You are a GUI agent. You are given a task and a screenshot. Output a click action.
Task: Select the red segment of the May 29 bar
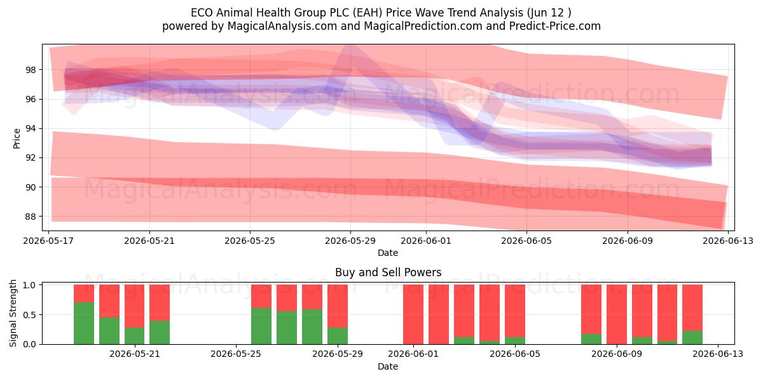pyautogui.click(x=338, y=306)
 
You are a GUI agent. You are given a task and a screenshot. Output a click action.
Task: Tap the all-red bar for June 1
pyautogui.click(x=413, y=314)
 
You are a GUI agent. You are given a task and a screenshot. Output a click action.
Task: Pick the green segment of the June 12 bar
pyautogui.click(x=692, y=337)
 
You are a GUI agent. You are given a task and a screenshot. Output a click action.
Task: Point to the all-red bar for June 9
pyautogui.click(x=617, y=314)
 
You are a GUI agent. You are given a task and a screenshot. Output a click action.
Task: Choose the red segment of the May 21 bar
pyautogui.click(x=135, y=306)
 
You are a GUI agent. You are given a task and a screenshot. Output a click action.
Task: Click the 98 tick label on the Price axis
pyautogui.click(x=31, y=70)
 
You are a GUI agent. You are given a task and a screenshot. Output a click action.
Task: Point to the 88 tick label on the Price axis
pyautogui.click(x=31, y=217)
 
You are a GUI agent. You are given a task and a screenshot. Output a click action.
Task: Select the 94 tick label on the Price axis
pyautogui.click(x=31, y=128)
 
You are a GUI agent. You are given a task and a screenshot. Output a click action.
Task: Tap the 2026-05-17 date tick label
pyautogui.click(x=48, y=241)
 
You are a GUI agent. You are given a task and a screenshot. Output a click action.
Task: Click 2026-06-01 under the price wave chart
pyautogui.click(x=426, y=241)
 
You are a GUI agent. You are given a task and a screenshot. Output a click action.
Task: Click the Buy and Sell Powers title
pyautogui.click(x=388, y=272)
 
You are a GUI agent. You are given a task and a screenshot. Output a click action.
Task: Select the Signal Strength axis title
pyautogui.click(x=13, y=313)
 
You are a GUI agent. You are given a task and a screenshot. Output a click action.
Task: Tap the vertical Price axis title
pyautogui.click(x=17, y=138)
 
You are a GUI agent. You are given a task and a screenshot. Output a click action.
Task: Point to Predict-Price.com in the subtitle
pyautogui.click(x=555, y=26)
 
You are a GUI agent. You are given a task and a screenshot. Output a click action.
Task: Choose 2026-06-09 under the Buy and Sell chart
pyautogui.click(x=617, y=354)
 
